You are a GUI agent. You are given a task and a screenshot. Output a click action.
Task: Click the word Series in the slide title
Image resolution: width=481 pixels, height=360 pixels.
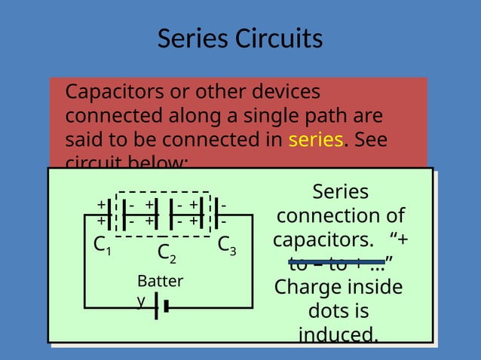(x=193, y=38)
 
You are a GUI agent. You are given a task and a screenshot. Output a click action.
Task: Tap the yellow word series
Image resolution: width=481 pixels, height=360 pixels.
(x=316, y=140)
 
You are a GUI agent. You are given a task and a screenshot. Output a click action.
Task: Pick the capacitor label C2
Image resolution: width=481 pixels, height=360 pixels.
(x=167, y=254)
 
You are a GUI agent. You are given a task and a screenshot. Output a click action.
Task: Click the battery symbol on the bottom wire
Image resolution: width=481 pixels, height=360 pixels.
(x=161, y=307)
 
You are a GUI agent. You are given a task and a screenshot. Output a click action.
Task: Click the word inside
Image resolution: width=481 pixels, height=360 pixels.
(x=372, y=287)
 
